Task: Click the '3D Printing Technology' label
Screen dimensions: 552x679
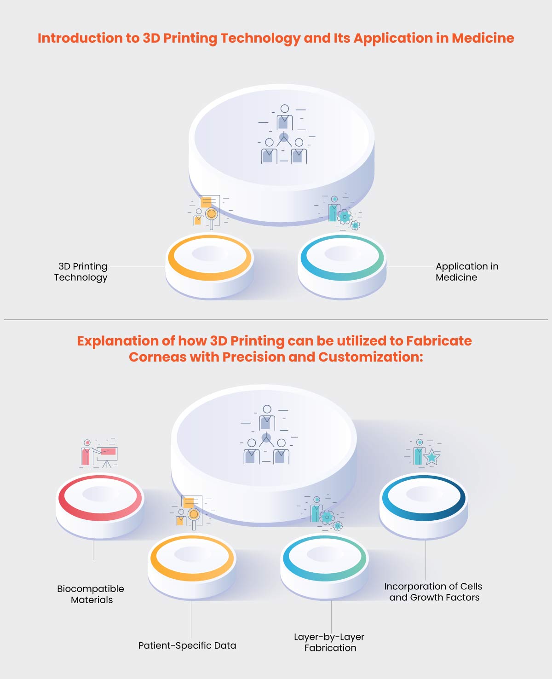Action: point(80,272)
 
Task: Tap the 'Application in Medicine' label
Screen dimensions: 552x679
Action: point(467,272)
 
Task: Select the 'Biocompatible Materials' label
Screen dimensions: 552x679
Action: point(91,594)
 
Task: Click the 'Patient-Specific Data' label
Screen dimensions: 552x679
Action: point(187,645)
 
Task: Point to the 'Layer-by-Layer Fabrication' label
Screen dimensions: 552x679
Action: point(329,642)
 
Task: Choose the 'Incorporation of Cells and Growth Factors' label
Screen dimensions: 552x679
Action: point(433,592)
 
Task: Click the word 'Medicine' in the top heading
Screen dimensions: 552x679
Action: point(483,38)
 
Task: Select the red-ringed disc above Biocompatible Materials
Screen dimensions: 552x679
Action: point(100,506)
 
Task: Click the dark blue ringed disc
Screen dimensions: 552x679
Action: point(424,506)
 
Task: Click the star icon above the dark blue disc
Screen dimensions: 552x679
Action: point(432,457)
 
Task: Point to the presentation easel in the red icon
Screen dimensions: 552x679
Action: point(107,456)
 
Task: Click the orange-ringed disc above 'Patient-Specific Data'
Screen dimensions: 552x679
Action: point(192,567)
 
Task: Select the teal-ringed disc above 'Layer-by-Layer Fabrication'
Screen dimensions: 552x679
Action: point(324,567)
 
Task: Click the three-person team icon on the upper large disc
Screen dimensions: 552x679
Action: point(284,134)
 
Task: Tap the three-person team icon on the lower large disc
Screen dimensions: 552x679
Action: point(266,435)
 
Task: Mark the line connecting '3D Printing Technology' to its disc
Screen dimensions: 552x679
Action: point(138,267)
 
